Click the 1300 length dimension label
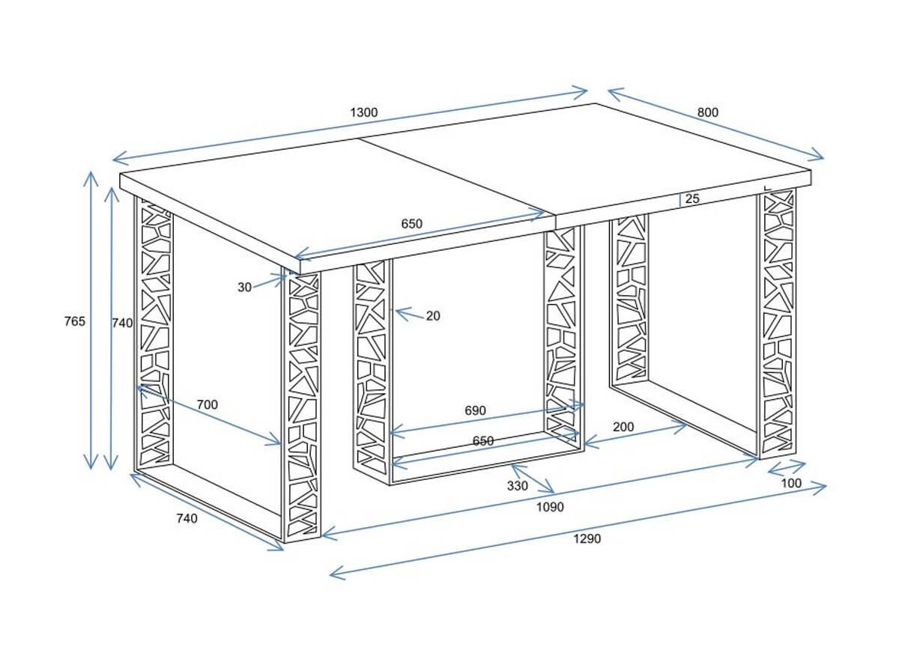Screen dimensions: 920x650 363,112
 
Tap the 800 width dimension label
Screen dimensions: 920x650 708,112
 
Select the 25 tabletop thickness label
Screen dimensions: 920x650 692,198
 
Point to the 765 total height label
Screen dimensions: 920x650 75,321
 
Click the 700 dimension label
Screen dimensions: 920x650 207,405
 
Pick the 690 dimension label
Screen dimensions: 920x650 475,410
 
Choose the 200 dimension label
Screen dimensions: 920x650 623,427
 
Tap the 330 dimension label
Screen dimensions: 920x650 517,486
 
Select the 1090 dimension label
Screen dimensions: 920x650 550,507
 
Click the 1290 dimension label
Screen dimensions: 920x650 587,538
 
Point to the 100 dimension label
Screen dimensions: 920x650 791,483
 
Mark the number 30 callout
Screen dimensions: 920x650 244,288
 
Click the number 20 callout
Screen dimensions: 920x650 433,316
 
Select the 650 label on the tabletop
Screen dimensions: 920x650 411,224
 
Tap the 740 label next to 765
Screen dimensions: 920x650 122,324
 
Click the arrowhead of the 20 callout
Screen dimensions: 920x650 396,311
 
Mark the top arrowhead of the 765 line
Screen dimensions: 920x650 91,172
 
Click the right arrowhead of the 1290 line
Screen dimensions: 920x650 825,487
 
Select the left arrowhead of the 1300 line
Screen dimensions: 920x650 113,160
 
